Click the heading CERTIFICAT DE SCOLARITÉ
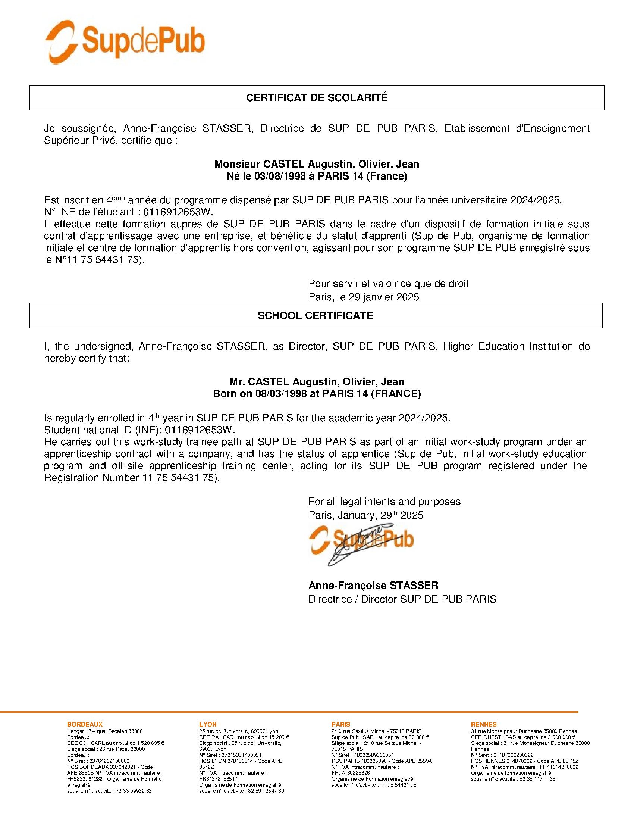tap(317, 98)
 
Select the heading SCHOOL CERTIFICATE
tap(315, 315)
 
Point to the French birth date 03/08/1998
tap(278, 176)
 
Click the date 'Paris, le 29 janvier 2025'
tap(364, 297)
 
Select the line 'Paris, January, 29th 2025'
tap(365, 515)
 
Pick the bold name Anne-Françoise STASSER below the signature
tap(373, 585)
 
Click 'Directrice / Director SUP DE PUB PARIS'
tap(402, 599)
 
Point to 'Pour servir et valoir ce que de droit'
tap(388, 284)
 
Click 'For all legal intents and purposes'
tap(384, 502)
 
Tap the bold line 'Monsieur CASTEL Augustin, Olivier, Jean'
tap(317, 164)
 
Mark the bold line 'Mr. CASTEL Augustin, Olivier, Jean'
tap(317, 381)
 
